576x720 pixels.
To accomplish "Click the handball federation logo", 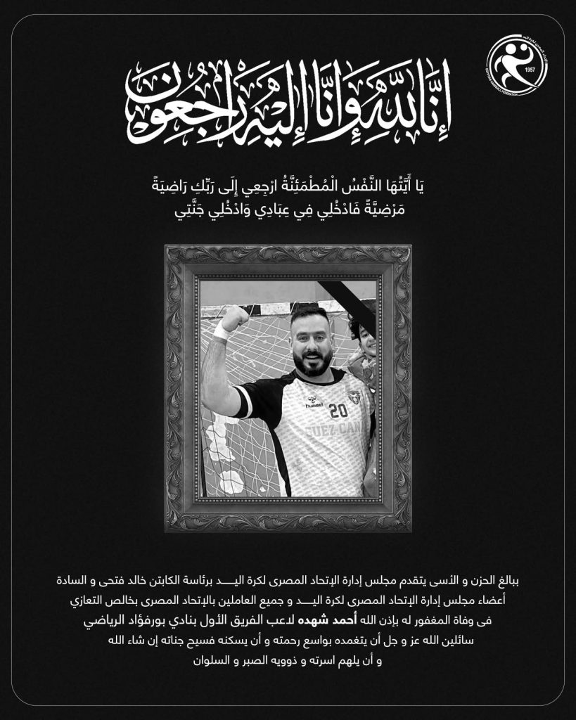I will (x=519, y=61).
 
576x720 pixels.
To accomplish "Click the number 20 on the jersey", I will (x=338, y=409).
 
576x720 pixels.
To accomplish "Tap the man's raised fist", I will (x=234, y=318).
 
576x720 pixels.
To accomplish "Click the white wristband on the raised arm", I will (x=221, y=330).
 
